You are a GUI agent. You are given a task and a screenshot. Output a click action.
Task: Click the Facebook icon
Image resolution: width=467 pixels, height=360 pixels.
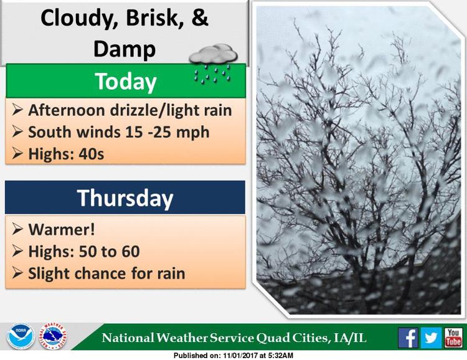tap(408, 338)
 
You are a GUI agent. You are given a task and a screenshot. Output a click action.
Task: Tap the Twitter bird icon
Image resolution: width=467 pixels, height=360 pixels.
tap(431, 338)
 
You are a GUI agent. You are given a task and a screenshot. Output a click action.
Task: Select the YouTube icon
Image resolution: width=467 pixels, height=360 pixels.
tap(453, 338)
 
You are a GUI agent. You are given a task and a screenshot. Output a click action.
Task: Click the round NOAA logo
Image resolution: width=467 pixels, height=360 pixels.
tap(21, 336)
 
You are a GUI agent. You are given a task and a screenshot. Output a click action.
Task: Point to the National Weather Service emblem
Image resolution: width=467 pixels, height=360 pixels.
tap(52, 336)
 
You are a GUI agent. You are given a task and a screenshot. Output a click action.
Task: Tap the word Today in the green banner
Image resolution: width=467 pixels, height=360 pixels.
tap(126, 82)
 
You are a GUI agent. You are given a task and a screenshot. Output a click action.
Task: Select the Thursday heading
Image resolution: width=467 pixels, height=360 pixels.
tap(125, 198)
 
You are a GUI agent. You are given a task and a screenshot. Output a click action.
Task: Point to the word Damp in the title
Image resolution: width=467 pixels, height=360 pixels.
tap(125, 49)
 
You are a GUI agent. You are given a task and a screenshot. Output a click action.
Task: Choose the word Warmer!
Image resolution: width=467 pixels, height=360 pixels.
tap(62, 230)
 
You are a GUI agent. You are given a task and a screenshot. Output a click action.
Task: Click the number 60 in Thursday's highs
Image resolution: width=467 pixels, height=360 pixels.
tap(131, 252)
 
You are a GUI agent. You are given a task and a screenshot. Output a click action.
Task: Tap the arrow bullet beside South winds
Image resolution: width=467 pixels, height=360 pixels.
tap(17, 131)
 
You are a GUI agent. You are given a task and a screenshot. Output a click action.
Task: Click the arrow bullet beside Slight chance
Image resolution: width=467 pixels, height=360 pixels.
tap(17, 273)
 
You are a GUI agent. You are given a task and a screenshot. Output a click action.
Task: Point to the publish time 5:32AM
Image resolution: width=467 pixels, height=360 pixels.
tap(281, 356)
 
